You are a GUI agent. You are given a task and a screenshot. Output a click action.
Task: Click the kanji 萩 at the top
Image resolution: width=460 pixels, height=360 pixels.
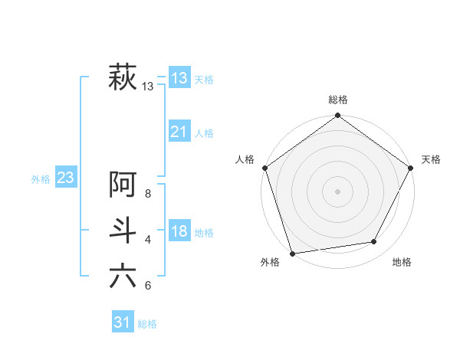tap(123, 77)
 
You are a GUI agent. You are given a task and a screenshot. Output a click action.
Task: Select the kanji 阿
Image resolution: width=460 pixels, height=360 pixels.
tap(123, 185)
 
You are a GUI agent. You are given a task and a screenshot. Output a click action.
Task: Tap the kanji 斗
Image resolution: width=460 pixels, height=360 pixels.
tap(123, 230)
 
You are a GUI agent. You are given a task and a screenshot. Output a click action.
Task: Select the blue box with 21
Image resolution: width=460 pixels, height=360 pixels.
tap(179, 132)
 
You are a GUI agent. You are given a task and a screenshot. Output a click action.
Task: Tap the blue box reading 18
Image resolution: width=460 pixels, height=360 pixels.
tap(179, 231)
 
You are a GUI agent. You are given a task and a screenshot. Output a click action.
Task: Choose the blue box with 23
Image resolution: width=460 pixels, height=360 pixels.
tap(65, 178)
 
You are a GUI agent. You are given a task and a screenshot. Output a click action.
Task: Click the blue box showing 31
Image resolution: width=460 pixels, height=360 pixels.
tap(123, 322)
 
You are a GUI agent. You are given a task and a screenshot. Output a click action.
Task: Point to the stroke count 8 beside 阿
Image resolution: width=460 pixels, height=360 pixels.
tap(148, 195)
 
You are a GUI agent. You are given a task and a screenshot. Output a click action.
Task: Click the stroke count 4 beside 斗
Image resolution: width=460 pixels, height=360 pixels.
tap(148, 240)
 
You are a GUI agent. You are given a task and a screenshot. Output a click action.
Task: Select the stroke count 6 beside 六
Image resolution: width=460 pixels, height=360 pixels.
tap(148, 286)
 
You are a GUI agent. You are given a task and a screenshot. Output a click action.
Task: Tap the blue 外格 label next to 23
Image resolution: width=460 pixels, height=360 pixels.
tap(41, 179)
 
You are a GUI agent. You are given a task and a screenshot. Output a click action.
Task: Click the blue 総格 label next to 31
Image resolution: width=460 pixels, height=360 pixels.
tap(147, 324)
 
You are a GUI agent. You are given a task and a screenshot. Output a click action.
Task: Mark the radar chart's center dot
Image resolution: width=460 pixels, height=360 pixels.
tap(337, 191)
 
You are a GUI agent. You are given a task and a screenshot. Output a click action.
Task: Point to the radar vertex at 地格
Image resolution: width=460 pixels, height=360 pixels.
tap(374, 242)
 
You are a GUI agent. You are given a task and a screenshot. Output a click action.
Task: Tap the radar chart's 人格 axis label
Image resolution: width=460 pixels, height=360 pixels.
tap(245, 159)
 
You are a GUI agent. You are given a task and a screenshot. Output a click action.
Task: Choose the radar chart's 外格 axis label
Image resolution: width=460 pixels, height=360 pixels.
tap(270, 263)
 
